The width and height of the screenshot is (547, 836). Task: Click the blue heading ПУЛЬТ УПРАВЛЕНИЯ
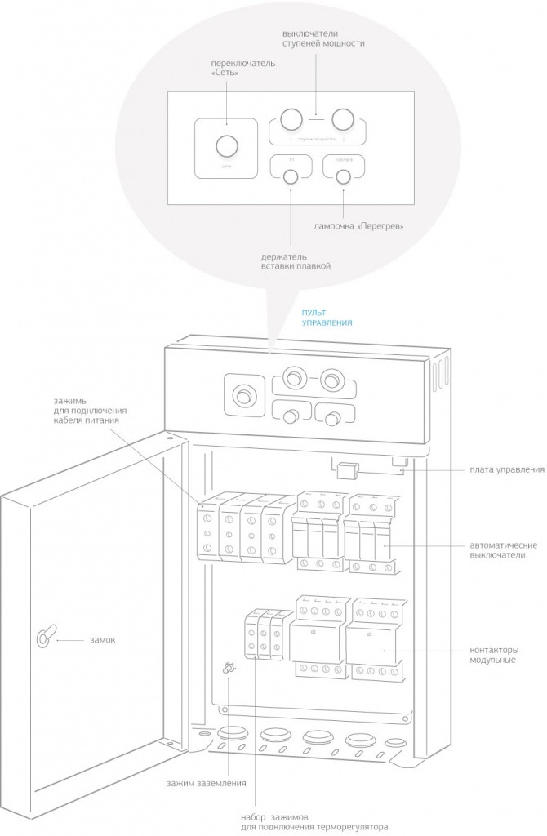(327, 318)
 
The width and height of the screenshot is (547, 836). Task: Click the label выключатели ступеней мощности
(317, 38)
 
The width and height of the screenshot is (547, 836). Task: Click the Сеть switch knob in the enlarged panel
(225, 147)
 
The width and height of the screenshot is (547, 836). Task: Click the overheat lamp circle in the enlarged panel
(344, 177)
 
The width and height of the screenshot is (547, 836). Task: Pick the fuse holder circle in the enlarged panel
(289, 177)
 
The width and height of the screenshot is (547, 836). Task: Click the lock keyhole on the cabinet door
(43, 638)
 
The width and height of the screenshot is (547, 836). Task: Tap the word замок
(102, 640)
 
